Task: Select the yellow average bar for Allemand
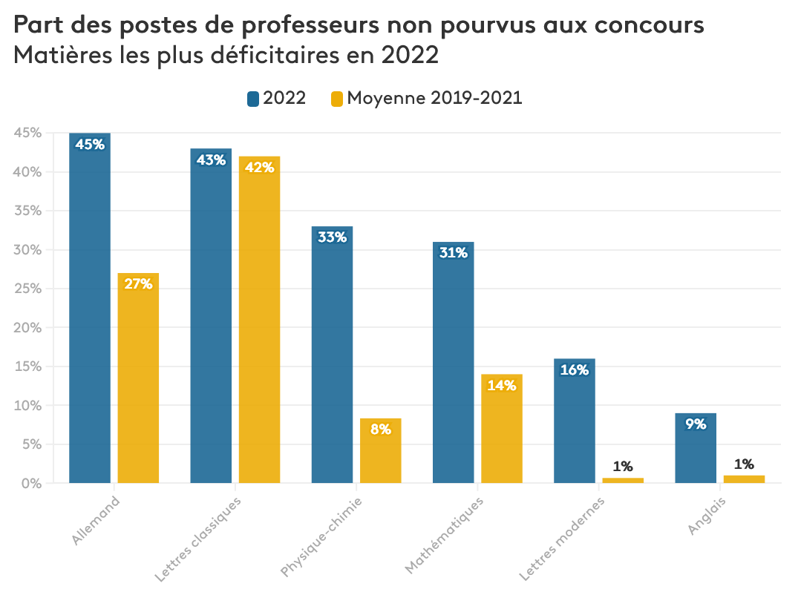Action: click(x=138, y=378)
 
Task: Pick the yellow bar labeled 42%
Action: click(x=259, y=320)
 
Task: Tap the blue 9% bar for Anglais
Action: click(x=695, y=448)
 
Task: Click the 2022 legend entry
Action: click(x=276, y=98)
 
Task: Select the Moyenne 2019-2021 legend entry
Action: click(x=426, y=98)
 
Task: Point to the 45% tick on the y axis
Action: click(x=29, y=133)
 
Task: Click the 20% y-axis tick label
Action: click(x=29, y=327)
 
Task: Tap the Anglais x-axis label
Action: click(x=706, y=516)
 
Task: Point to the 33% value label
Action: click(x=332, y=237)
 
